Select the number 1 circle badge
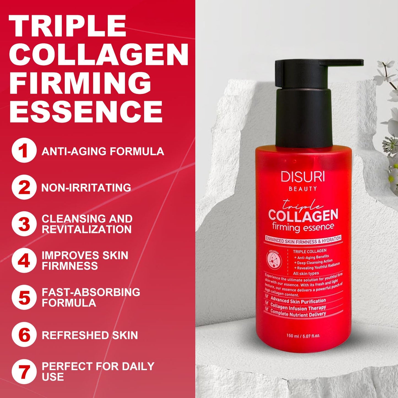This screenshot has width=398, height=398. click(x=24, y=151)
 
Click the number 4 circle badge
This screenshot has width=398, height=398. click(x=24, y=261)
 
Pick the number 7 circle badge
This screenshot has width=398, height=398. click(x=24, y=372)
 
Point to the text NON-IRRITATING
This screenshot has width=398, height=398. click(x=86, y=188)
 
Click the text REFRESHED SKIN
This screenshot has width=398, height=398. click(x=90, y=335)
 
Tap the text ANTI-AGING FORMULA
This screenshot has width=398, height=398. click(x=102, y=151)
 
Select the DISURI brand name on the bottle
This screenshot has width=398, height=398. click(x=302, y=177)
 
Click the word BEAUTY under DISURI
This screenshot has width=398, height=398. click(x=303, y=189)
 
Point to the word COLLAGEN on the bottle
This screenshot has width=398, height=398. click(x=303, y=215)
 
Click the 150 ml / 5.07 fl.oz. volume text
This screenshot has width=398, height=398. click(x=305, y=335)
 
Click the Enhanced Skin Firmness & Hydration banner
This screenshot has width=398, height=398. click(x=303, y=240)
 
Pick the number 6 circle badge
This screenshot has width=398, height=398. click(x=24, y=335)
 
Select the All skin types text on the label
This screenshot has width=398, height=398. click(x=306, y=274)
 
